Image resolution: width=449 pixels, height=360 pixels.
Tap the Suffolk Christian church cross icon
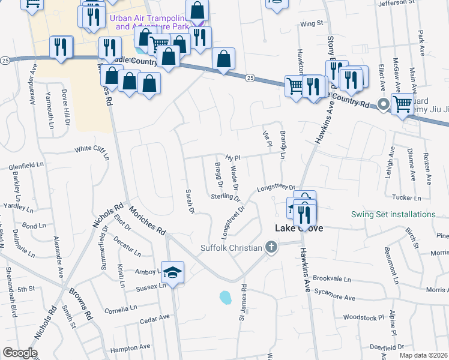271,247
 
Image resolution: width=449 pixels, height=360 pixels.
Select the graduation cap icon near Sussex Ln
173,272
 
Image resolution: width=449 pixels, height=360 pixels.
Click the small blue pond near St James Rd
225,297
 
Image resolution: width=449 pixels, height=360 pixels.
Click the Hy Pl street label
233,158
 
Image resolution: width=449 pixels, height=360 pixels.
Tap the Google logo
20,353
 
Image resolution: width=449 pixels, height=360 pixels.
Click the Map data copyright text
423,355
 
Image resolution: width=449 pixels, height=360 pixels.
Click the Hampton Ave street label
130,347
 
